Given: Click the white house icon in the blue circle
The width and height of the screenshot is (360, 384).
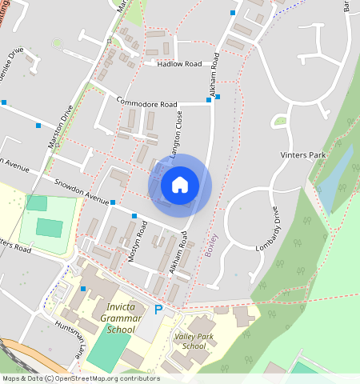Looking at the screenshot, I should [180, 185].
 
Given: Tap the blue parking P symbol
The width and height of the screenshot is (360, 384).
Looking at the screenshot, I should [158, 309].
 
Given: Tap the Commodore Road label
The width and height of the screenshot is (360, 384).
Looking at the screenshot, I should [146, 103].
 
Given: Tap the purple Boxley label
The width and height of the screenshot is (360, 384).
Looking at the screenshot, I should [210, 244].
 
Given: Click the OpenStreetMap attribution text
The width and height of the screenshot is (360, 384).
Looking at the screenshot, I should [79, 378].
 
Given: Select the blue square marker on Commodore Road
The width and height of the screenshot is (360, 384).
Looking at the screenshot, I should [218, 97].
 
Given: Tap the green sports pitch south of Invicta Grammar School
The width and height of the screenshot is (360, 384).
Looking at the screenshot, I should [107, 350].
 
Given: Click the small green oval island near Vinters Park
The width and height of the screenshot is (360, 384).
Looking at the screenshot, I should [279, 122].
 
